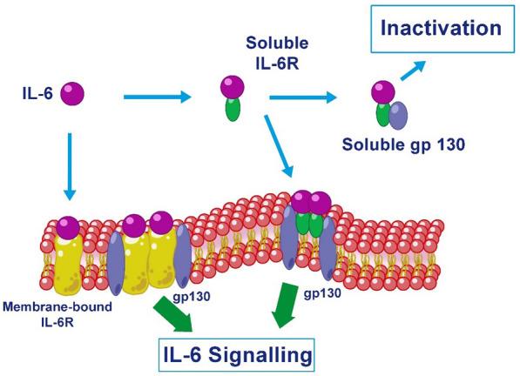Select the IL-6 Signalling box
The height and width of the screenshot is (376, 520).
pos(236,355)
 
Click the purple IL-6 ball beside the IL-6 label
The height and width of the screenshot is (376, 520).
pos(72,92)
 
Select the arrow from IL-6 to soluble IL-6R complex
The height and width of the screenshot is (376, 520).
pos(157,97)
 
